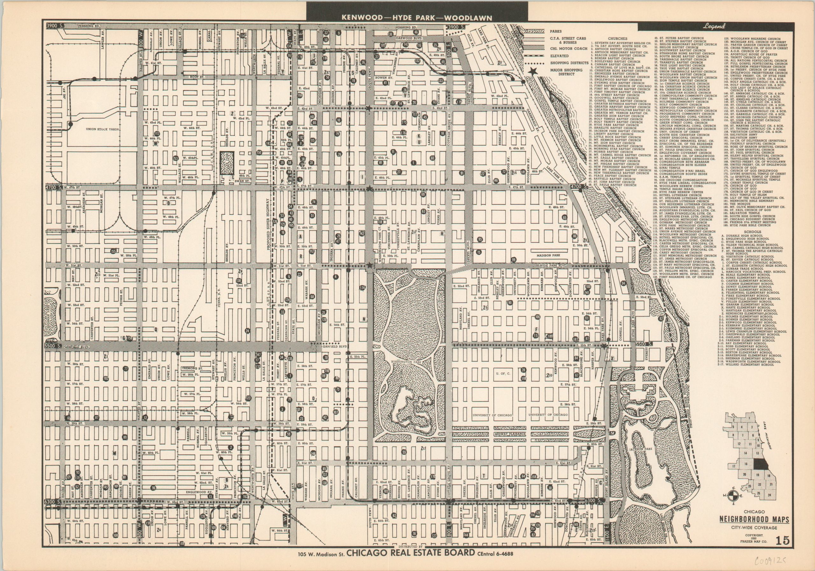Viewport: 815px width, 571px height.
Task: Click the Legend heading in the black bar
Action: point(713,26)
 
